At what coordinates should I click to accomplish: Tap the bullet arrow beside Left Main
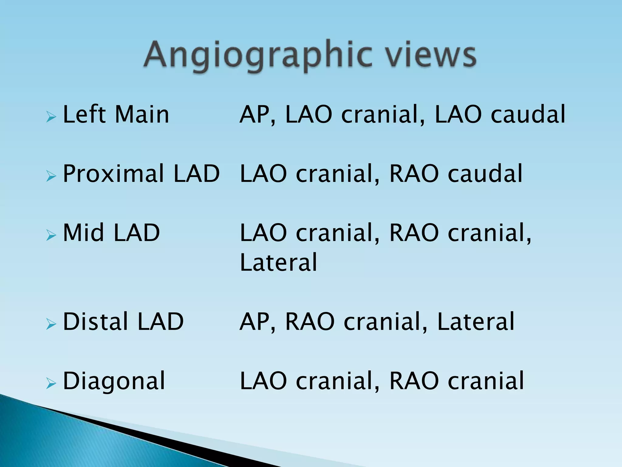click(51, 117)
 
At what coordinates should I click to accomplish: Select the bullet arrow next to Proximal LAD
click(51, 176)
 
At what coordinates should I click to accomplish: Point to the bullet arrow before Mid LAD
click(51, 235)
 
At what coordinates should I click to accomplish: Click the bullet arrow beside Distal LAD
click(51, 324)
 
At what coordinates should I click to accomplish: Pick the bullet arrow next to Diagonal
click(51, 384)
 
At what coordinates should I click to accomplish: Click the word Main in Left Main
click(142, 115)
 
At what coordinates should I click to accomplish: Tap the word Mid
click(84, 233)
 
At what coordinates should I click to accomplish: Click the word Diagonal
click(114, 381)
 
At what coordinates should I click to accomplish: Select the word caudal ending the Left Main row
click(528, 115)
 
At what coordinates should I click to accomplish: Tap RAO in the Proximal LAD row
click(414, 174)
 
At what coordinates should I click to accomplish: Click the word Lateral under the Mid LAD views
click(279, 262)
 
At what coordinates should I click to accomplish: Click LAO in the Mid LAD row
click(263, 233)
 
